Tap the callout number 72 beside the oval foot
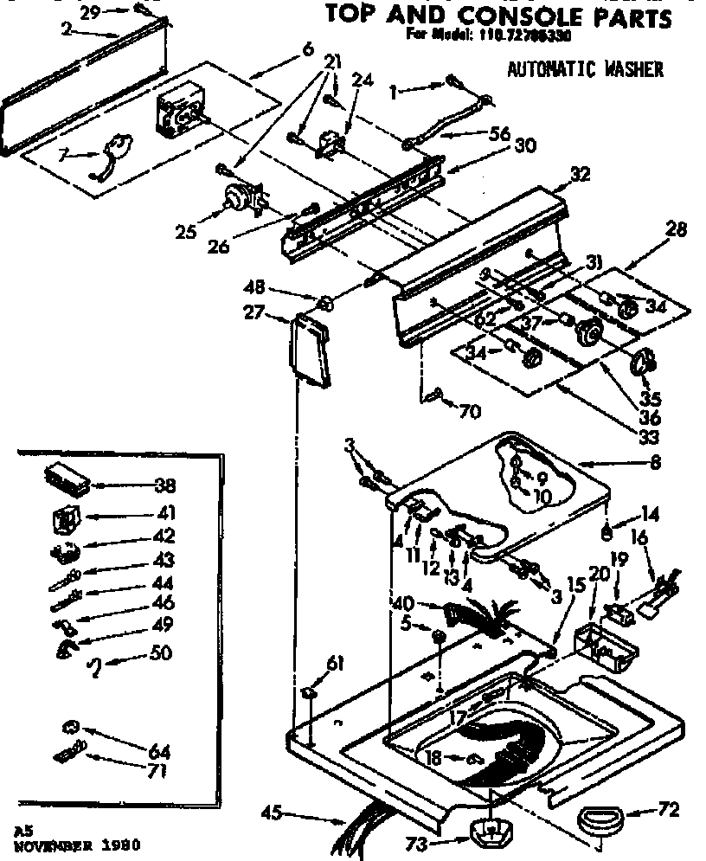coord(669,810)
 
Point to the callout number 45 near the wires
coord(273,812)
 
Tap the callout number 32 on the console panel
coord(580,174)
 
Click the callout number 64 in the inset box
coord(159,751)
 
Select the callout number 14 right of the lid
coord(651,515)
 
